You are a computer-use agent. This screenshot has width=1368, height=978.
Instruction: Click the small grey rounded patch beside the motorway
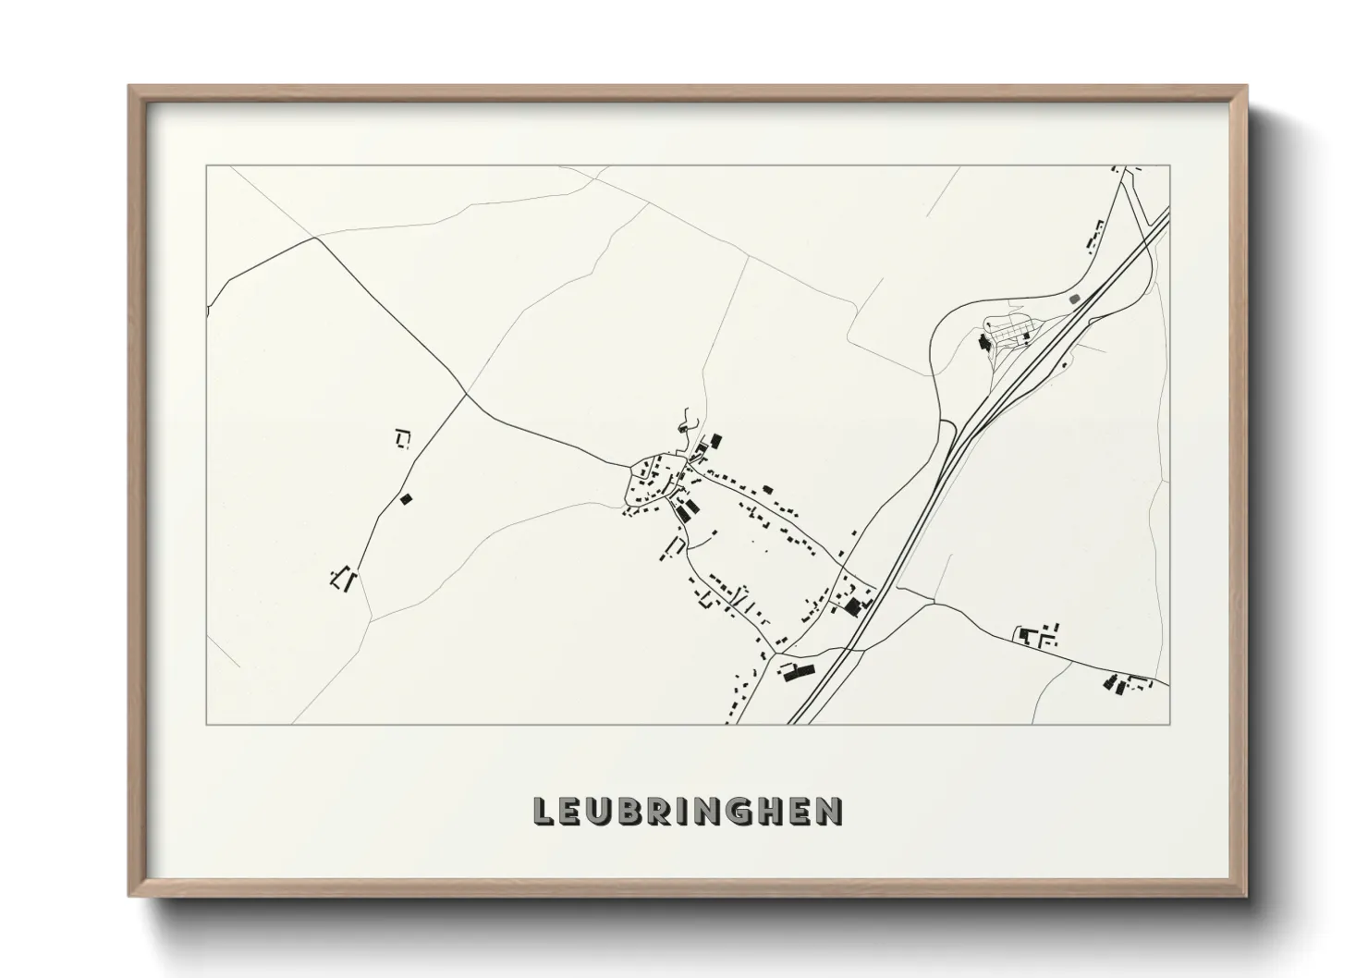pos(1073,299)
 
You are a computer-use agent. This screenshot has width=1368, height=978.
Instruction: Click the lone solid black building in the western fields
pos(405,499)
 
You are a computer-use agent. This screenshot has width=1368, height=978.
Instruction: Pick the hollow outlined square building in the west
pos(402,438)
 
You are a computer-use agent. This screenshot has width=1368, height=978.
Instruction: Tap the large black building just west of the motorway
pos(852,606)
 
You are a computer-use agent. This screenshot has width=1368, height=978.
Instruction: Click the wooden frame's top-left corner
pos(131,88)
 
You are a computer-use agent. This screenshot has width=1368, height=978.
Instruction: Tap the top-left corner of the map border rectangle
pos(206,165)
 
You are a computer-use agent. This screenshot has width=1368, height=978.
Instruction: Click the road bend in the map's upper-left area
pos(316,238)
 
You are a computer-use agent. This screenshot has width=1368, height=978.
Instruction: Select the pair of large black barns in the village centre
pos(686,509)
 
